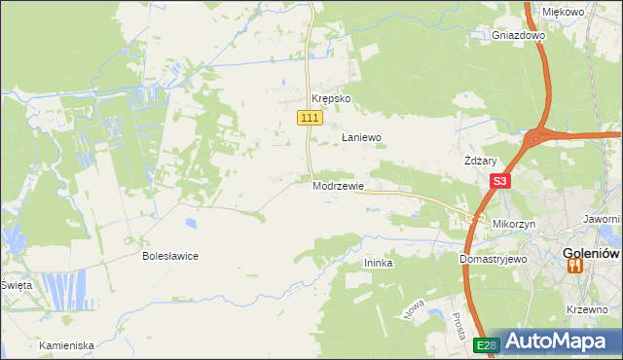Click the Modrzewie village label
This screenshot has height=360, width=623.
pos(339,186)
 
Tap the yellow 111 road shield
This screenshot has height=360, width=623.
pos(309,118)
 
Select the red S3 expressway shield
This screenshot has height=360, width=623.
pos(499,181)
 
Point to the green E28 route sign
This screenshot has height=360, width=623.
pos(487,344)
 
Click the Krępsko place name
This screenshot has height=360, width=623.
pos(330,99)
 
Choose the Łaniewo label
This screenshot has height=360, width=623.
pos(360,138)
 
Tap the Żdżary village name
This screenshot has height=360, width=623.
pos(481,162)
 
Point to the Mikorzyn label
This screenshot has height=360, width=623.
pos(516,224)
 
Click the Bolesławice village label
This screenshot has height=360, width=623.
pos(170,256)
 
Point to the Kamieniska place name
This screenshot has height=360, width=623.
pos(66,345)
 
